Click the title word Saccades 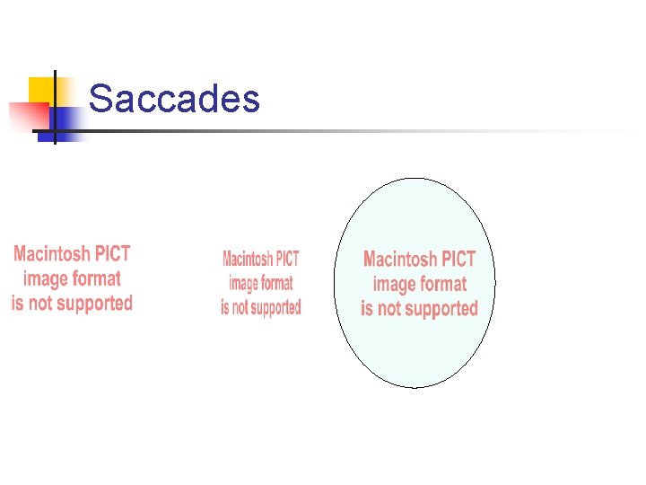pyautogui.click(x=174, y=99)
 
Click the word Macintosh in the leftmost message pyautogui.click(x=53, y=254)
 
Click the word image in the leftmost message pyautogui.click(x=47, y=279)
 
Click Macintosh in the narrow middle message pyautogui.click(x=248, y=260)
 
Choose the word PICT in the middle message pyautogui.click(x=287, y=260)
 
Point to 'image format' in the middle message pyautogui.click(x=261, y=284)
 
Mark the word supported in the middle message pyautogui.click(x=273, y=308)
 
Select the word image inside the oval pyautogui.click(x=394, y=285)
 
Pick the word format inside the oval pyautogui.click(x=443, y=285)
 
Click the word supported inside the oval pyautogui.click(x=437, y=309)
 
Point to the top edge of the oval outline pyautogui.click(x=415, y=178)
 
